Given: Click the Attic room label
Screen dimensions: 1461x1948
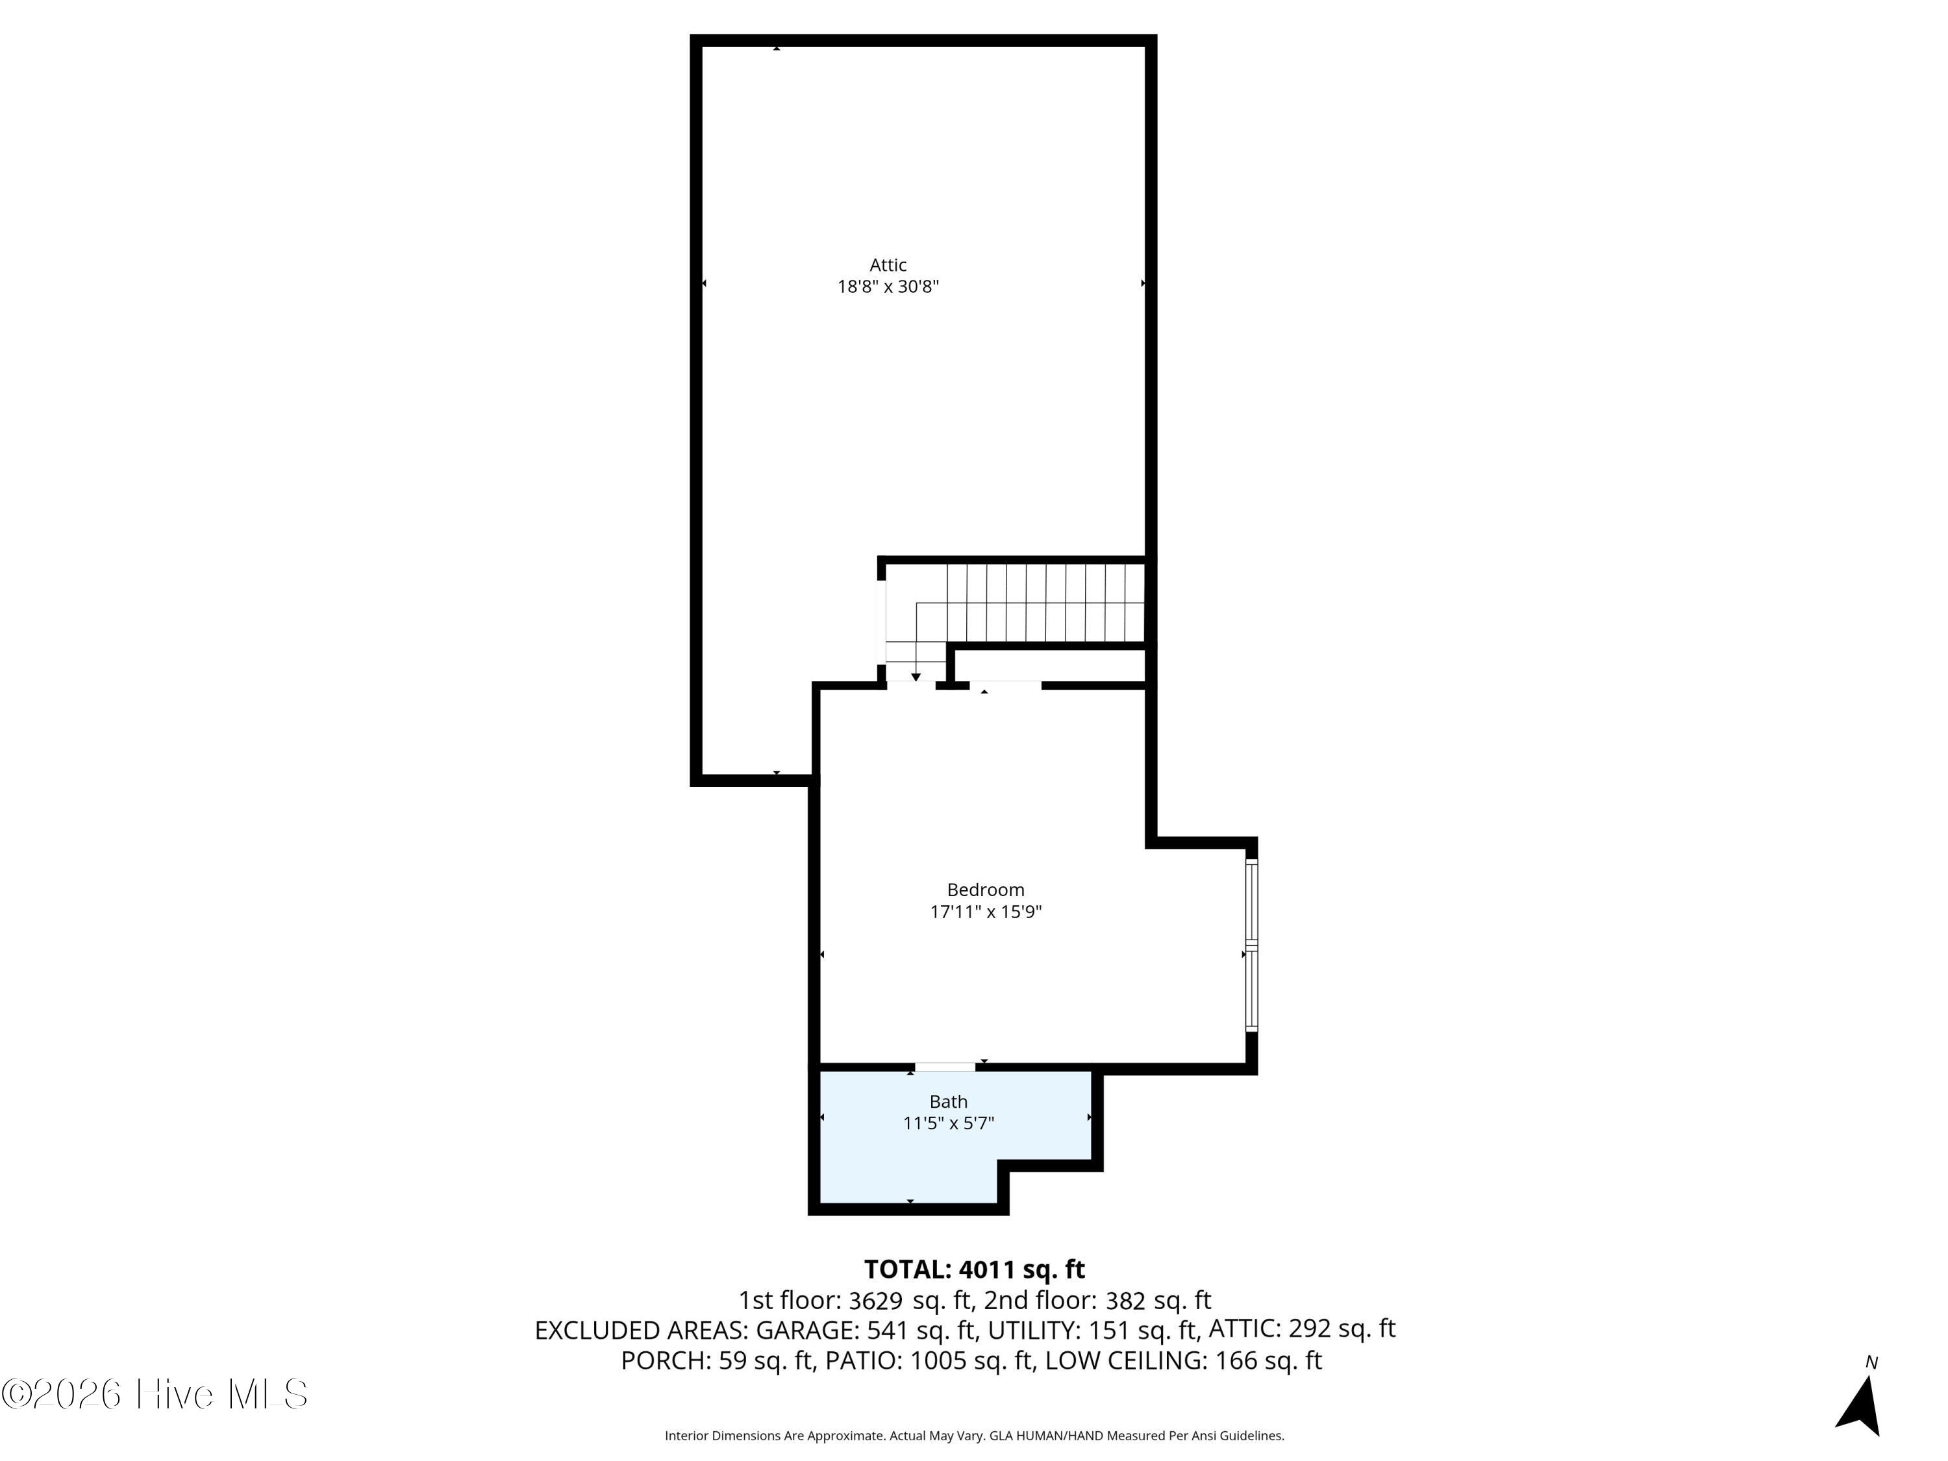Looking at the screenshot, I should point(888,265).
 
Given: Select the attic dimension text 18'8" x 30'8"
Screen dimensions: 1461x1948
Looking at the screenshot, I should point(888,287).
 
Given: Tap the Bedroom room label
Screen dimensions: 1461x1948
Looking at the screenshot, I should point(986,890).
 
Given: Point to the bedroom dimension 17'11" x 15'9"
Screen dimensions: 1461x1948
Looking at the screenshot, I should point(986,912).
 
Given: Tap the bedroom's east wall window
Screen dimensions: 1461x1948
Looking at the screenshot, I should point(1251,945).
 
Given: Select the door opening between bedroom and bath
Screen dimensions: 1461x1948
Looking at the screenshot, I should point(945,1068).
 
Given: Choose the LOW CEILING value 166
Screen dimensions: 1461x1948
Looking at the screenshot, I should point(1236,1360).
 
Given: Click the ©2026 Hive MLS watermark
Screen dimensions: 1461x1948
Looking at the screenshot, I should point(155,1394).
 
